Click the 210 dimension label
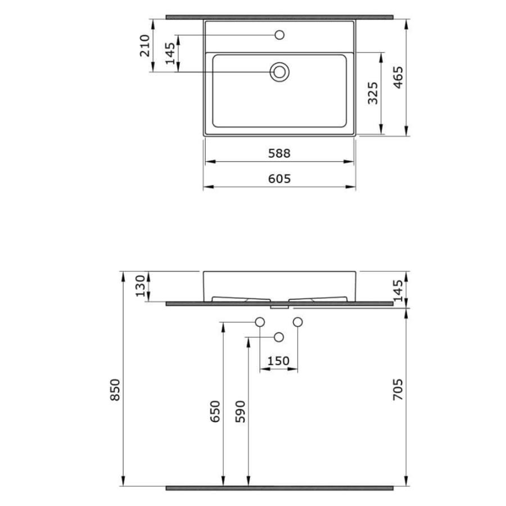coord(145,46)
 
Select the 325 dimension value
coord(373,93)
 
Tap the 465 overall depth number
coord(398,78)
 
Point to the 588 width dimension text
coord(279,153)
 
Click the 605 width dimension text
coord(279,178)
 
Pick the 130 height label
coord(141,286)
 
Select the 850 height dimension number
coord(115,390)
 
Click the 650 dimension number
coord(215,412)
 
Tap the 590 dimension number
coord(241,412)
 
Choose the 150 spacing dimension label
coord(278,361)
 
